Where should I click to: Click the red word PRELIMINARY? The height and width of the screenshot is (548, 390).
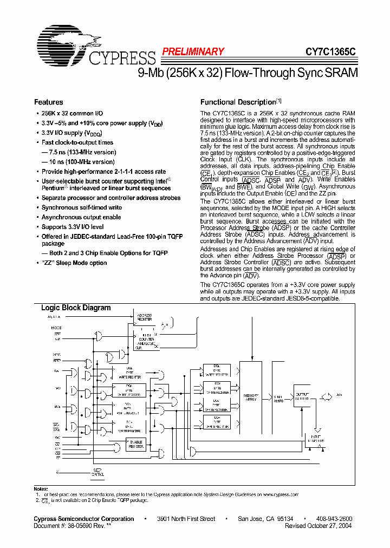[x=193, y=51]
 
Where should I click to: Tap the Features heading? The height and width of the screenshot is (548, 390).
[x=49, y=102]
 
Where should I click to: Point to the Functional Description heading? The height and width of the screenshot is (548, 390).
[x=238, y=102]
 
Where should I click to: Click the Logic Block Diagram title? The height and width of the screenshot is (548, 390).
[x=76, y=308]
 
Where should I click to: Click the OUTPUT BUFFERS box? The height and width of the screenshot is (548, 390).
[x=302, y=396]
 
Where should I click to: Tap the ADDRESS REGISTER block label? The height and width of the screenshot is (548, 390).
[x=145, y=317]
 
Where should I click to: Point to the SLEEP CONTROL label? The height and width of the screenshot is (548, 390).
[x=97, y=472]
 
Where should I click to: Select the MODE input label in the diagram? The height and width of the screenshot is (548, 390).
[x=56, y=328]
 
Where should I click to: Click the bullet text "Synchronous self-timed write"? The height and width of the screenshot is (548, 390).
[x=82, y=207]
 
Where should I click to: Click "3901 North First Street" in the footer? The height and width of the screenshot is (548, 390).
[x=186, y=519]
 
